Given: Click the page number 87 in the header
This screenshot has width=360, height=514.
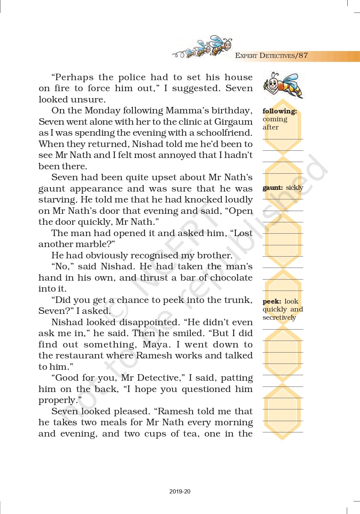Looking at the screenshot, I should coord(303,56).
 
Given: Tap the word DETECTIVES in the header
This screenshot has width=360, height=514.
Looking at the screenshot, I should coord(277,56).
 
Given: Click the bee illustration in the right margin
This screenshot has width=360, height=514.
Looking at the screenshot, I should coord(283,85).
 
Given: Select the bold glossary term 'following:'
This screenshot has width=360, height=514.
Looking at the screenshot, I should coord(279,111).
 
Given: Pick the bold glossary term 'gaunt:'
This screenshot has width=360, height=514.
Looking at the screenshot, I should coord(273,188).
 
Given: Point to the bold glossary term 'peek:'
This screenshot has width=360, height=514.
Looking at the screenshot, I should coord(272,302).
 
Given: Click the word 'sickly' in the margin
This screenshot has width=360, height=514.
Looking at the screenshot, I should coord(295,188).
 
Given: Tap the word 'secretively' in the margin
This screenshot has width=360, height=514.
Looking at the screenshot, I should coord(279,318).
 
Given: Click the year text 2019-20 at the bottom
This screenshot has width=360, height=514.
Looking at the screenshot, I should coord(180,491).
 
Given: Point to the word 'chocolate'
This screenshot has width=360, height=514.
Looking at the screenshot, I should coord(231,278).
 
